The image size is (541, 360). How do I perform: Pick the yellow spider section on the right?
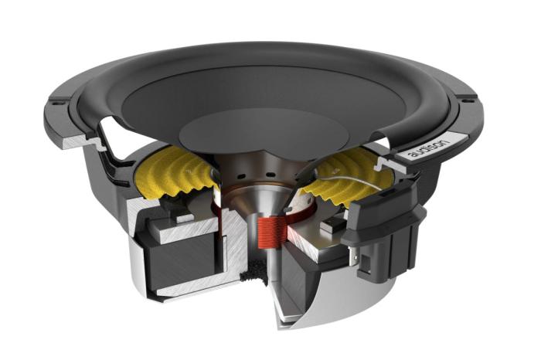click(x=349, y=174)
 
